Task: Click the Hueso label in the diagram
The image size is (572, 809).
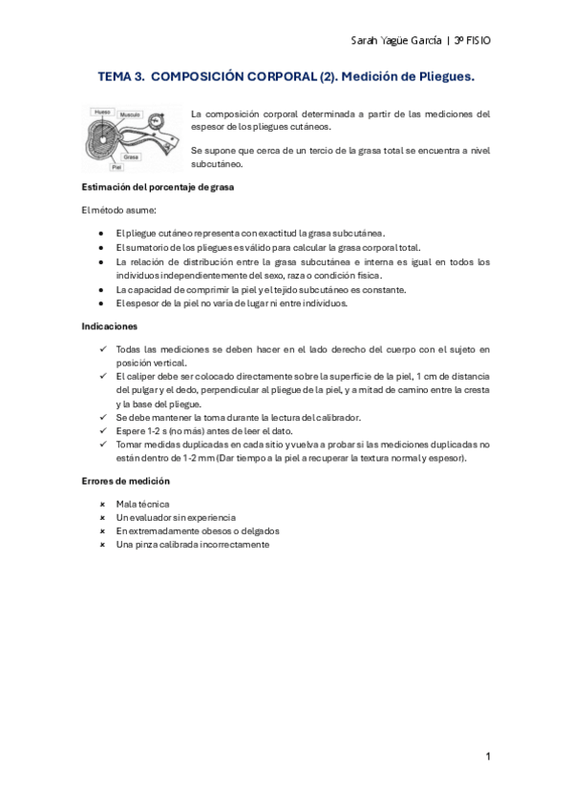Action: click(101, 112)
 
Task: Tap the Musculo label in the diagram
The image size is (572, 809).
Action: click(130, 114)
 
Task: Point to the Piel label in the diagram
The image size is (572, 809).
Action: click(116, 166)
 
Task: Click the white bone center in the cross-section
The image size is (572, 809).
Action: click(103, 140)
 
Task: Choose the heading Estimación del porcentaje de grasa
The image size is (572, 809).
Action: click(159, 187)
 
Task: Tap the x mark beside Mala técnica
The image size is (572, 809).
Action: click(102, 503)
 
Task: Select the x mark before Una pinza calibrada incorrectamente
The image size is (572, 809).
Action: click(102, 544)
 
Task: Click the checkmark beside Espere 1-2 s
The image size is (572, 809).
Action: click(102, 431)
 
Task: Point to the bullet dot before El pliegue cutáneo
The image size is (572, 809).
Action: click(102, 232)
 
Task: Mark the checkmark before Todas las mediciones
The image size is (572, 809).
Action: click(102, 350)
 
